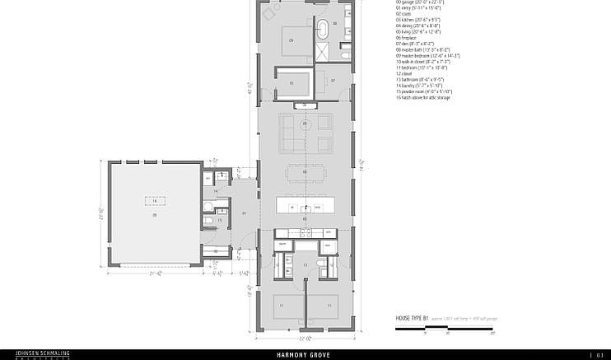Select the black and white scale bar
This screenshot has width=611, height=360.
[x=445, y=328]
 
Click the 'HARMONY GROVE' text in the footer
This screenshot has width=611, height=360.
[x=305, y=355]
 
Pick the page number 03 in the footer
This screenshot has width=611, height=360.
[x=599, y=355]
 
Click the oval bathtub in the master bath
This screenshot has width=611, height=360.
[x=324, y=29]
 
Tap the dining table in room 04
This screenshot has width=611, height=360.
[x=305, y=172]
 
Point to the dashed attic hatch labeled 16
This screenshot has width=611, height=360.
[x=154, y=200]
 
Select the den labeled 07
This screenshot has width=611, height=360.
[x=333, y=81]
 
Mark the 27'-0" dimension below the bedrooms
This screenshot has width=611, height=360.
[x=305, y=338]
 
